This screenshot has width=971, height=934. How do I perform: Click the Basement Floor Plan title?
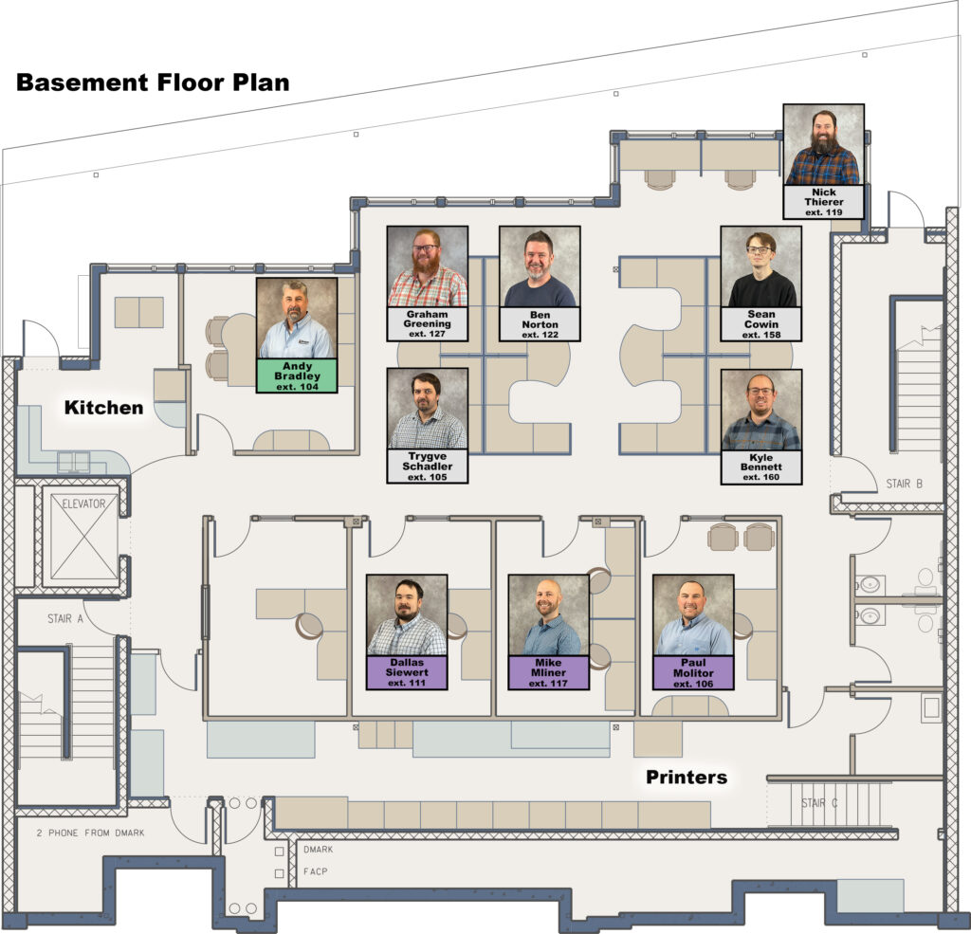pos(153,82)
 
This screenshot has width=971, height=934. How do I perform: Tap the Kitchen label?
pos(103,408)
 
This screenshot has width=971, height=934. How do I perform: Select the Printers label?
pos(687,777)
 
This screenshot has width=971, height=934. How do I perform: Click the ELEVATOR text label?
pos(83,504)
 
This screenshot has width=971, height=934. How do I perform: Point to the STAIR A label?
pos(65,618)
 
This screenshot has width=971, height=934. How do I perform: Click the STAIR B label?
pos(904,483)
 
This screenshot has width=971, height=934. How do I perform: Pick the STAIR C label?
pos(819,803)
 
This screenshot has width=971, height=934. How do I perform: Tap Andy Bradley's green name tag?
pos(297,375)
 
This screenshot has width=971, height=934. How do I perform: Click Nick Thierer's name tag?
pos(824,202)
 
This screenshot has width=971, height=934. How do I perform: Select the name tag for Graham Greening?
pos(428,324)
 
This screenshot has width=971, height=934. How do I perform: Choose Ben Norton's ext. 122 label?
pos(540,335)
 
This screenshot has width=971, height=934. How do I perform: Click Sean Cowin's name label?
pos(761,324)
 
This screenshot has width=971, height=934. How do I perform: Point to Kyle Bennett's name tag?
pos(761,467)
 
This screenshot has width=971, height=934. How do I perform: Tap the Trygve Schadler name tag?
pos(428,467)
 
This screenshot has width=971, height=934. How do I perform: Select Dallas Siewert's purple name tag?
pos(407,672)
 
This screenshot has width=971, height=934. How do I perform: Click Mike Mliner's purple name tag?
pos(549,672)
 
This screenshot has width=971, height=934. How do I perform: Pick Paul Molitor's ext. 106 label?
pos(693,684)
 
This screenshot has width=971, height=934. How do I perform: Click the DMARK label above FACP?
pos(319,850)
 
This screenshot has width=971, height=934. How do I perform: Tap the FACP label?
pos(315,871)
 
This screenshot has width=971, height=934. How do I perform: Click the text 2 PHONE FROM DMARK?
pos(90,833)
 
